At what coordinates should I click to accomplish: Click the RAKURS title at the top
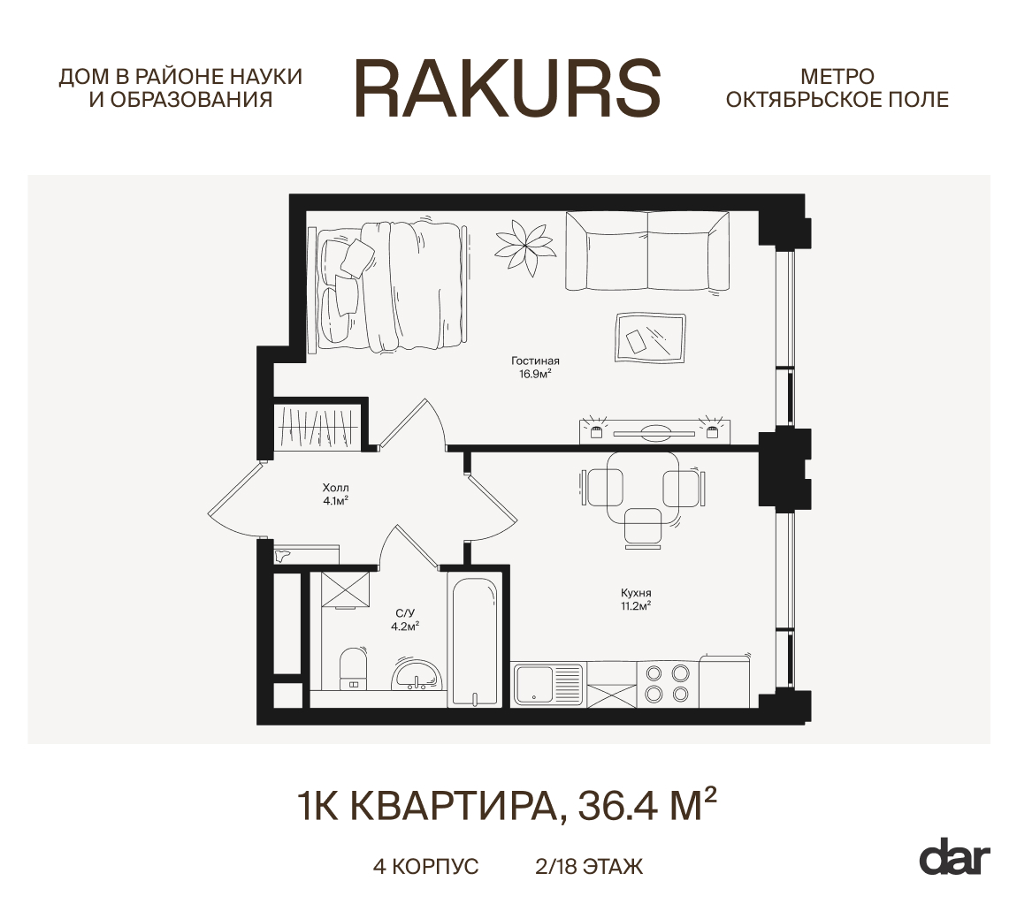click(508, 88)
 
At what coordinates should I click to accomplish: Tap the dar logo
click(954, 857)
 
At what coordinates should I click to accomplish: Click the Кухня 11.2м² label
click(636, 599)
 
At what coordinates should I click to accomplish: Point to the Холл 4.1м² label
click(335, 493)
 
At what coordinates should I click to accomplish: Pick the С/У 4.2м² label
click(405, 619)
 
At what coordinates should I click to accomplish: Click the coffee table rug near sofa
click(651, 338)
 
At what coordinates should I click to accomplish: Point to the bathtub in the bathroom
click(475, 641)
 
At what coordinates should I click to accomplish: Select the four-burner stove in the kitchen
click(668, 682)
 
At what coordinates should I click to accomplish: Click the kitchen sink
click(535, 684)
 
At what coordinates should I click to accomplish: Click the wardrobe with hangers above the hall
click(317, 427)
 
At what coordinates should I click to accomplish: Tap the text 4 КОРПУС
click(425, 866)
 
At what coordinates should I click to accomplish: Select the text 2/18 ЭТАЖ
click(589, 866)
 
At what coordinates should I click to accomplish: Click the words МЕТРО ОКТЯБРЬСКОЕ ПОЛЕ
click(837, 88)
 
